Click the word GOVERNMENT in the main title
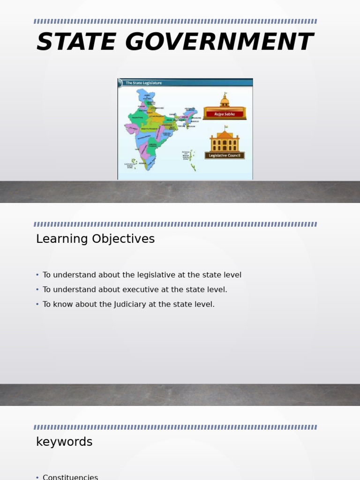pos(218,42)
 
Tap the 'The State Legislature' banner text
pos(143,83)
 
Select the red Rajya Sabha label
pos(225,114)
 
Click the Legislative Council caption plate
pos(225,156)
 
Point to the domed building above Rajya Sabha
pos(225,101)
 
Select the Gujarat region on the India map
pos(130,129)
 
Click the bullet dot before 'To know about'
pos(37,304)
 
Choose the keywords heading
pos(64,442)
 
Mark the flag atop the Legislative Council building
pos(225,127)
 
